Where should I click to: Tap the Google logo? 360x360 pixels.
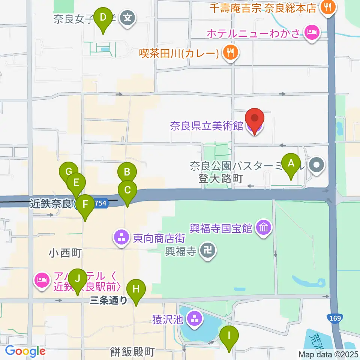pos(25,351)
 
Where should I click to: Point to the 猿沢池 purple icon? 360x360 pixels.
pos(194,319)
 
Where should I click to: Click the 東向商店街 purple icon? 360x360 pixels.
pos(121,237)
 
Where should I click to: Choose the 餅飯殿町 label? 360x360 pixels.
pos(127,352)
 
